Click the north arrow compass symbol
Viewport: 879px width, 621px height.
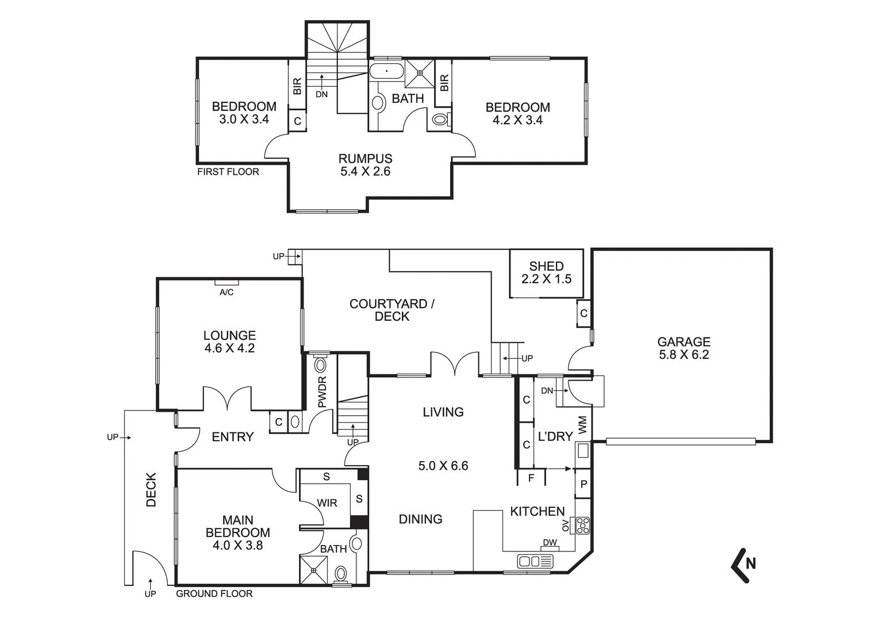pos(743,564)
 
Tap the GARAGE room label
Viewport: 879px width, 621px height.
pos(684,348)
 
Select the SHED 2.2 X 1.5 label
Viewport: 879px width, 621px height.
pos(546,273)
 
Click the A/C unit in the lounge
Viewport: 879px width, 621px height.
pos(227,283)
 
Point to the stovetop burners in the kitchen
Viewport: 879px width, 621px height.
pos(583,526)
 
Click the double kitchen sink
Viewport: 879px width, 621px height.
pos(535,561)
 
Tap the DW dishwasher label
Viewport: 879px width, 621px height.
pos(549,542)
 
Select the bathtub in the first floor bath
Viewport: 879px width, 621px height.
pos(386,72)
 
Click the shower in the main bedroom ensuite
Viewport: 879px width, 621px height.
pos(314,570)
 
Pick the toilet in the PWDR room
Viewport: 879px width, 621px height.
pos(320,363)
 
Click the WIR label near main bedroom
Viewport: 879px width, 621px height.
pos(327,503)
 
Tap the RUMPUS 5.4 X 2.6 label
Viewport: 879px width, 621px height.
pos(365,164)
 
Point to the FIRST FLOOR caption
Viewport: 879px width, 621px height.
pos(228,171)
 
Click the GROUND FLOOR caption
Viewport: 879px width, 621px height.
pos(214,593)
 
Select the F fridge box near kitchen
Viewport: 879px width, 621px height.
pos(531,477)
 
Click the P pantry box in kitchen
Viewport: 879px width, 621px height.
pos(583,485)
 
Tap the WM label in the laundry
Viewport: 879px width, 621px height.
pos(582,425)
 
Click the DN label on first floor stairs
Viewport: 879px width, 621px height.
pos(321,94)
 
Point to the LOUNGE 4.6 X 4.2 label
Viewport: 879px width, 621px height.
pos(229,341)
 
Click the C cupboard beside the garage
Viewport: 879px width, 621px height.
pos(584,313)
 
